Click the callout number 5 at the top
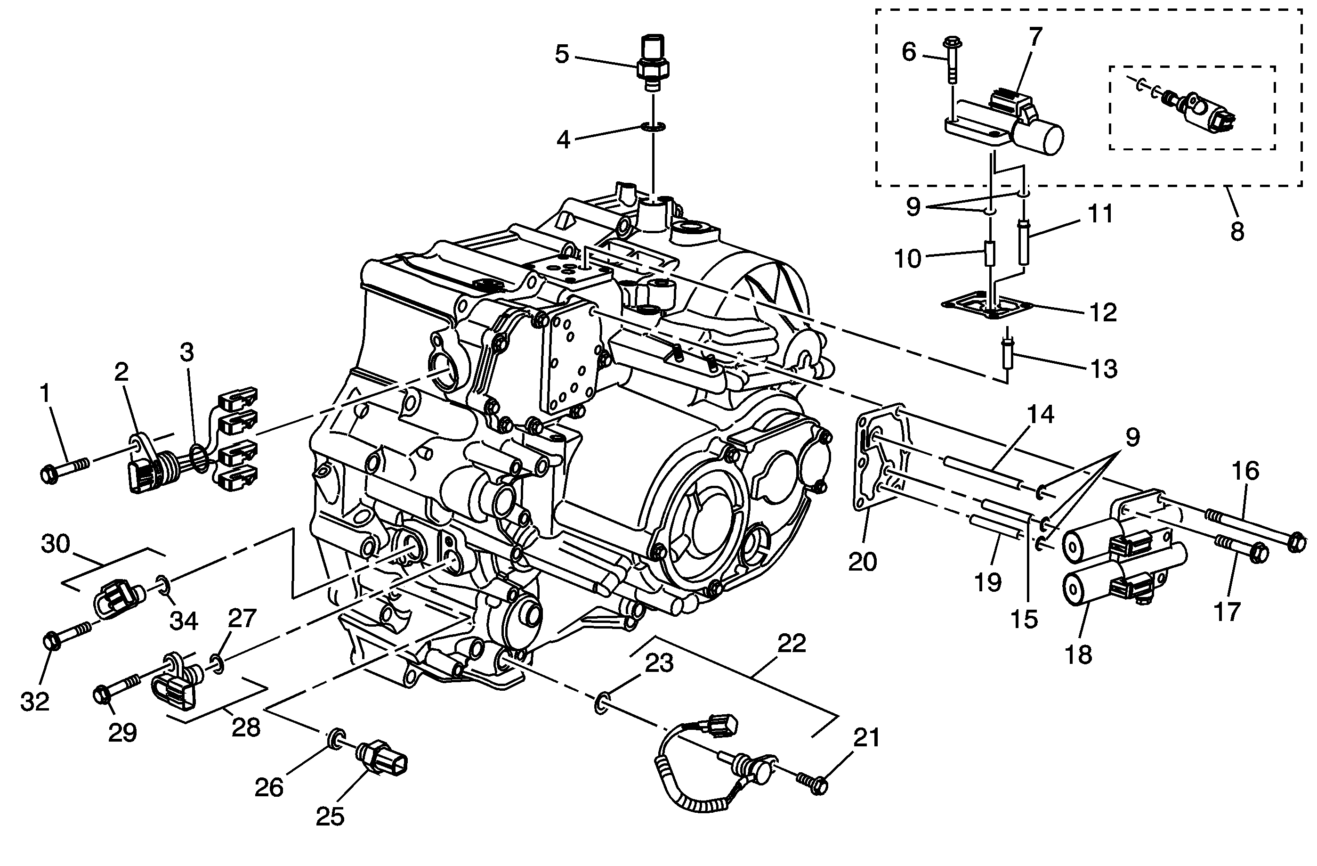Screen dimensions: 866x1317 point(562,55)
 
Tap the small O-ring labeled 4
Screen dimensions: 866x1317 point(653,127)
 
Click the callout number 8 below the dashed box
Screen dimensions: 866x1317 point(1237,231)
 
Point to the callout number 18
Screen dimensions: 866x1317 point(1078,654)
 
